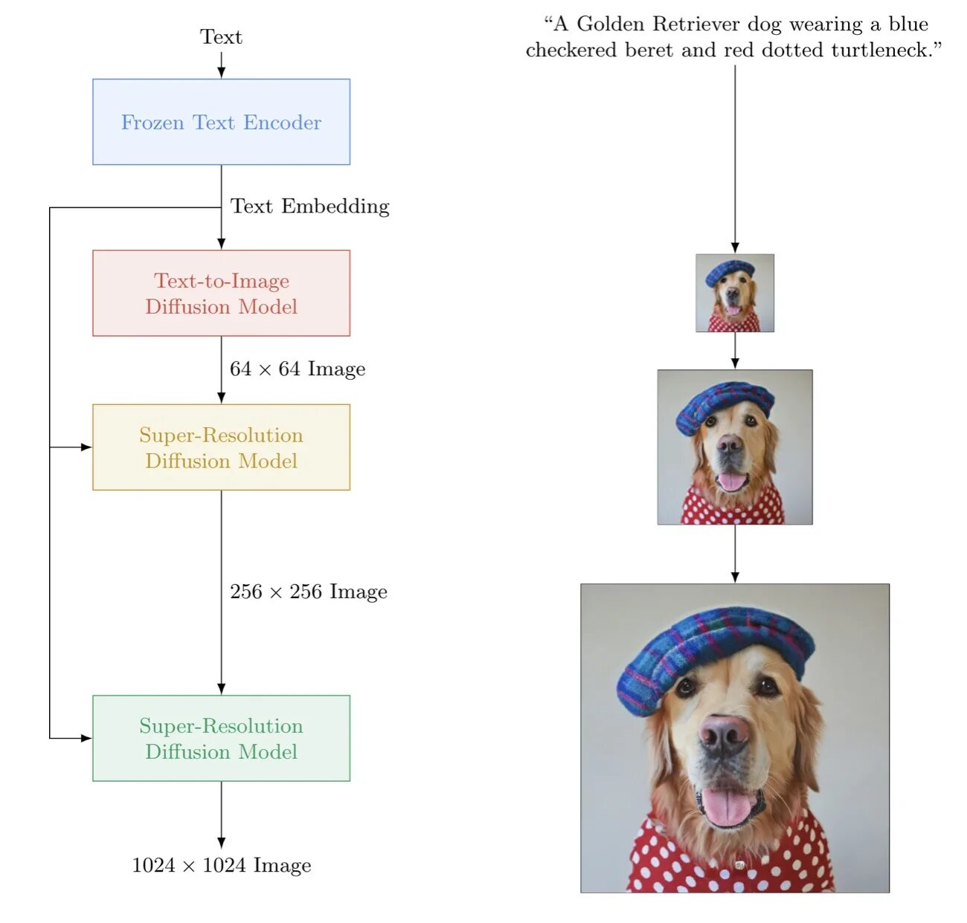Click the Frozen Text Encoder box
tap(221, 122)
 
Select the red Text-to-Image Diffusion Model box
tap(221, 293)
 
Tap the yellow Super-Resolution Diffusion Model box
tap(221, 447)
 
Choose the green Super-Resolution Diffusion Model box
tap(221, 738)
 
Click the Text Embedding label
tap(309, 206)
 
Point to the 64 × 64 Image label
tap(298, 369)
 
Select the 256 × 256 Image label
tap(309, 592)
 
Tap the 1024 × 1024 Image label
tap(222, 865)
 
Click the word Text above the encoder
tap(221, 37)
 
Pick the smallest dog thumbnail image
tap(735, 293)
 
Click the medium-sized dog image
tap(735, 447)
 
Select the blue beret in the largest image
tap(714, 654)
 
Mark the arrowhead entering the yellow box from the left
tap(87, 447)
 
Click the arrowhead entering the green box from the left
tap(87, 738)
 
